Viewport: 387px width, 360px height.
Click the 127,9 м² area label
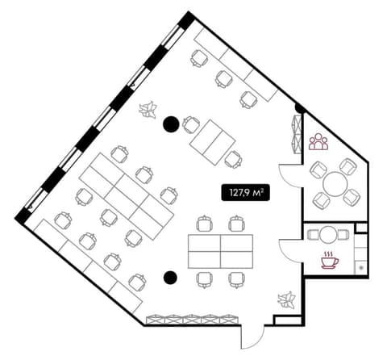245,192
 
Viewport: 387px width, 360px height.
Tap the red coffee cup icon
330,261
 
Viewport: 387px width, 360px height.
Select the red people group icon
318,141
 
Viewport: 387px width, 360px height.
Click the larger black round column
171,124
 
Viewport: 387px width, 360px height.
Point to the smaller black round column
170,277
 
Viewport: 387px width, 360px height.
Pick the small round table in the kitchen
328,235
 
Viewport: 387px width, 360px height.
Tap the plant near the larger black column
148,110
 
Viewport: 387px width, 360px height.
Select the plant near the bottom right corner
287,299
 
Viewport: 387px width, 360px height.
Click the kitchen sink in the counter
361,268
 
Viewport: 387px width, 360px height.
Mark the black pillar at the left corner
23,216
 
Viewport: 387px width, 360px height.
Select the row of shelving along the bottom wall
193,319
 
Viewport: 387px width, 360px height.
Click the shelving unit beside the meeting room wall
297,134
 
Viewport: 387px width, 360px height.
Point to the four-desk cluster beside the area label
220,251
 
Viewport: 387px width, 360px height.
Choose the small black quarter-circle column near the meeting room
299,108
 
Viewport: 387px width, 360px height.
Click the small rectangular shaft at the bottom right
288,320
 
